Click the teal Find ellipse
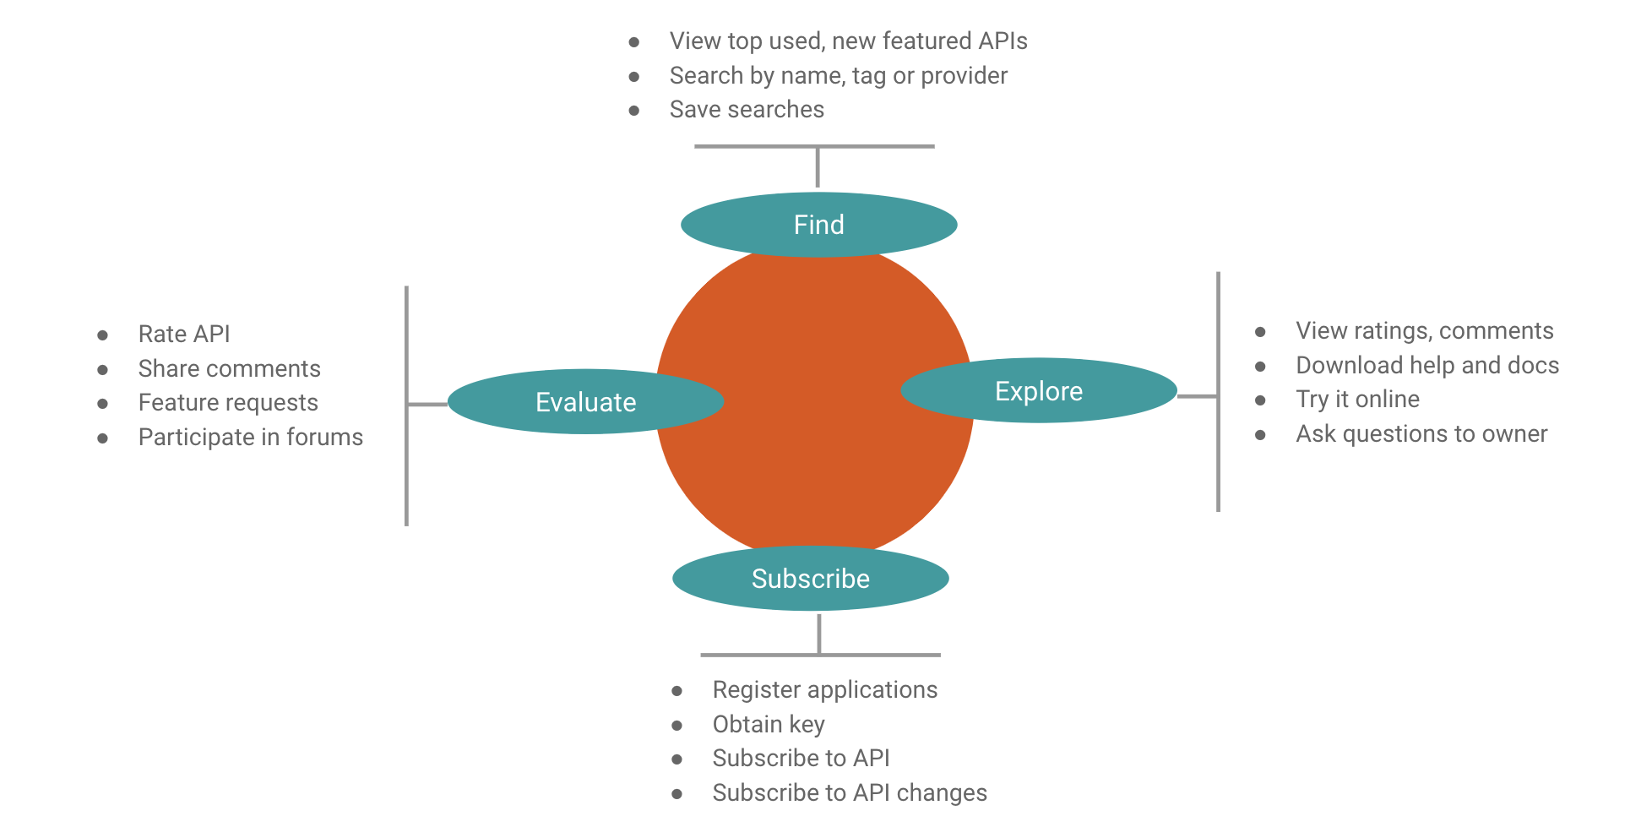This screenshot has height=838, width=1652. (818, 225)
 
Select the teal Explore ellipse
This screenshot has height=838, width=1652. (1038, 391)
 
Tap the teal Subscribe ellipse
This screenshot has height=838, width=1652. (810, 579)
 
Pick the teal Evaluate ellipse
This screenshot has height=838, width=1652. (585, 402)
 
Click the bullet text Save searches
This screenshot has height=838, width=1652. (747, 110)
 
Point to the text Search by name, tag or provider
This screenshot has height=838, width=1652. (838, 76)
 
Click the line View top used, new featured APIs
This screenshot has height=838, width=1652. (848, 41)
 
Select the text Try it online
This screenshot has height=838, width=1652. (1357, 400)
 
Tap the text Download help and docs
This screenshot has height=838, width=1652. (1426, 365)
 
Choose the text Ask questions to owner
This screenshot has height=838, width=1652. (1421, 434)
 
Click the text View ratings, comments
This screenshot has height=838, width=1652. (1424, 331)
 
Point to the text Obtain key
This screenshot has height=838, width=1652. (768, 725)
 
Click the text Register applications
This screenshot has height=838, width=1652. (824, 690)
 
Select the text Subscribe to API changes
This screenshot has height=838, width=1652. (849, 793)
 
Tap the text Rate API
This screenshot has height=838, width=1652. (184, 335)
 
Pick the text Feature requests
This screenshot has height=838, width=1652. (228, 403)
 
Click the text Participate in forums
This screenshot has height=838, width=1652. (250, 438)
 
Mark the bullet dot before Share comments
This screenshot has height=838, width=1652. (103, 370)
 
